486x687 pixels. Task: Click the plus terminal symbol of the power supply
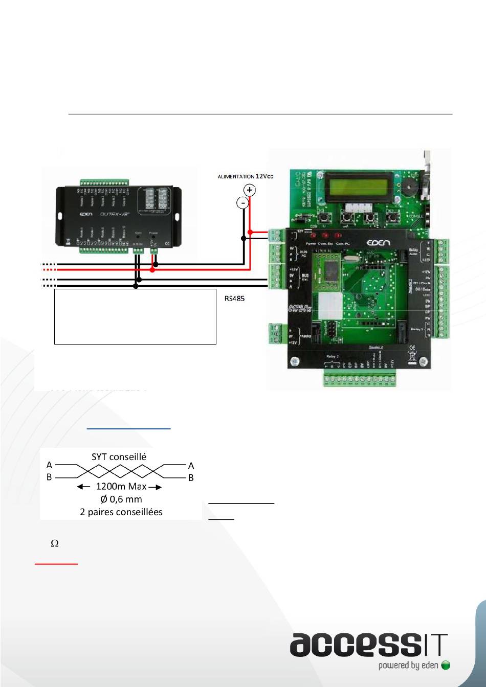pyautogui.click(x=250, y=190)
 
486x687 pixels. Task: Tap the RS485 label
pyautogui.click(x=234, y=299)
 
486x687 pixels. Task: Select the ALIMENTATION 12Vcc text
pyautogui.click(x=246, y=176)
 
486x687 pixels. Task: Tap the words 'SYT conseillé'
pyautogui.click(x=119, y=457)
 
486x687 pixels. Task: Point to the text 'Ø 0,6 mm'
pyautogui.click(x=121, y=499)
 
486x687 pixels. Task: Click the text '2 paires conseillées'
pyautogui.click(x=121, y=512)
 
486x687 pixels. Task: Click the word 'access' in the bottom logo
pyautogui.click(x=353, y=645)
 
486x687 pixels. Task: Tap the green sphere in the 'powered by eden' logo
pyautogui.click(x=446, y=666)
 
